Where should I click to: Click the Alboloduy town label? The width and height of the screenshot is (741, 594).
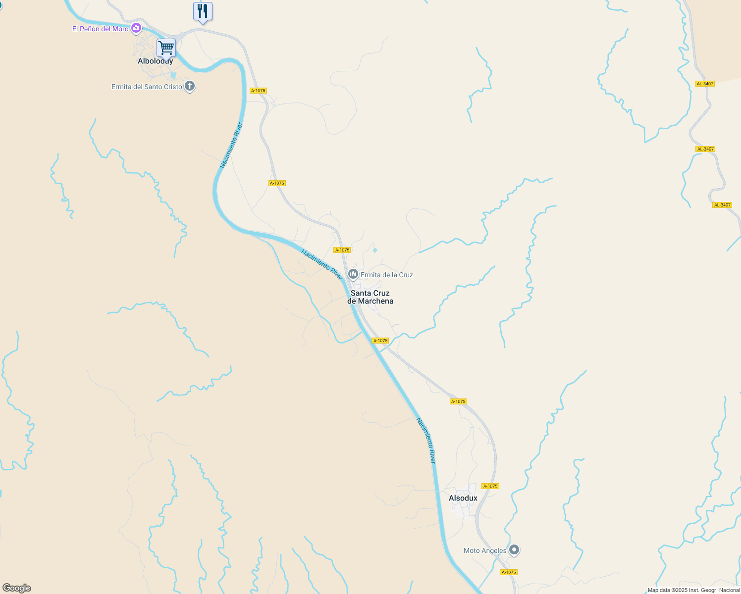coord(155,61)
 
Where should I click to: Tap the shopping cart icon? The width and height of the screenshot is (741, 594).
coord(166,48)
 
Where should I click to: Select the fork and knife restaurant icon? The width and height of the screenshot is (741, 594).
coord(203,11)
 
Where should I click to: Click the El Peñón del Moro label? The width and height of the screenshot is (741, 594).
coord(101,29)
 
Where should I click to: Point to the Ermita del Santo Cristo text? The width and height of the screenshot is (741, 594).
coord(147,87)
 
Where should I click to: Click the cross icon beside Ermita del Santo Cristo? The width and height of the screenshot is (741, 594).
coord(190,86)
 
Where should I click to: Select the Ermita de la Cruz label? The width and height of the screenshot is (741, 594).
coord(386,275)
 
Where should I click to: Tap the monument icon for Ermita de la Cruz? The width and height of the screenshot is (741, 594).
coord(353,274)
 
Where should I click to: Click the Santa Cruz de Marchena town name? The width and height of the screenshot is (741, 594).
coord(370,297)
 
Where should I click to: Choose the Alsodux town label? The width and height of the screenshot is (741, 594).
coord(463,498)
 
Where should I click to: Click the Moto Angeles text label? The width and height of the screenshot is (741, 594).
coord(485,550)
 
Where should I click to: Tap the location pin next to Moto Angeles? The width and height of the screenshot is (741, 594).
coord(515,549)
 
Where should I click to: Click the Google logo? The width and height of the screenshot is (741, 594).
coord(17,588)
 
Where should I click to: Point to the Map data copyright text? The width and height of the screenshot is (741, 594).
coord(693,590)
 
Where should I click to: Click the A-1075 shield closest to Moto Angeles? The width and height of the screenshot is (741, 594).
coord(509,572)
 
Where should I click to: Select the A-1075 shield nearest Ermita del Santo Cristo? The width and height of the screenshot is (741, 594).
coord(258,91)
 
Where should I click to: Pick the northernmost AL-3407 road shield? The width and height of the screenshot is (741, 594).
coord(705,84)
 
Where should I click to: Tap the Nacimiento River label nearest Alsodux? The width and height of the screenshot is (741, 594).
coord(426,441)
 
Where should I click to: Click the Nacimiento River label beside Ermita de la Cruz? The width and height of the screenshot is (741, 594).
coord(322,264)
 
